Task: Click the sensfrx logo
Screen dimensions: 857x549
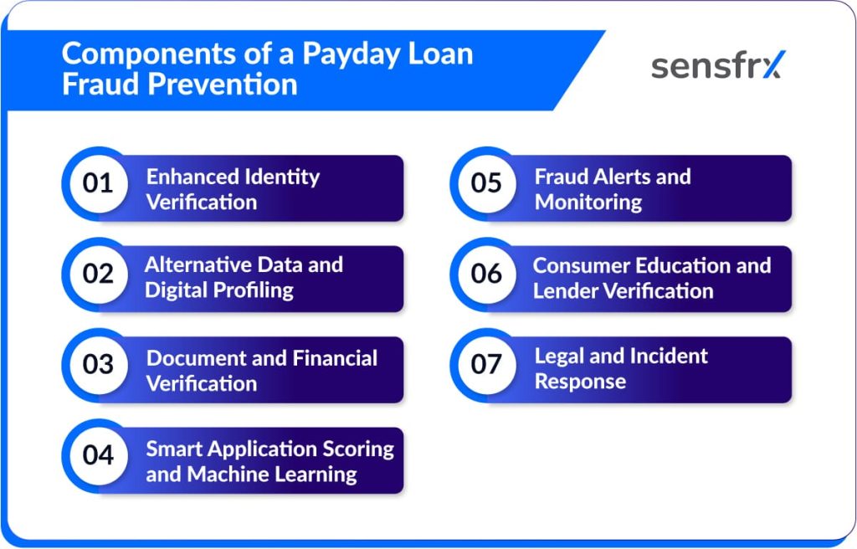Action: pos(718,65)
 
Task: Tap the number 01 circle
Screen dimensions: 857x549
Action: pos(99,183)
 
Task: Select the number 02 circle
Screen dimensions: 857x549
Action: pos(99,274)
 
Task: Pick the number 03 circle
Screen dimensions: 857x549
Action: pos(99,365)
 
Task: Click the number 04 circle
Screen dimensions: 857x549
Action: pos(99,455)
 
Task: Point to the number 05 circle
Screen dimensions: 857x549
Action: pos(486,183)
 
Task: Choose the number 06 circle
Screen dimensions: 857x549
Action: pos(486,274)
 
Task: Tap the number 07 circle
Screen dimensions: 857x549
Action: pos(486,365)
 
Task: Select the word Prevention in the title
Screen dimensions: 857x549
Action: pos(222,85)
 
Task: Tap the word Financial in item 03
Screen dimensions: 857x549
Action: pos(335,358)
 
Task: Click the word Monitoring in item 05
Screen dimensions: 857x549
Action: pos(588,203)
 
